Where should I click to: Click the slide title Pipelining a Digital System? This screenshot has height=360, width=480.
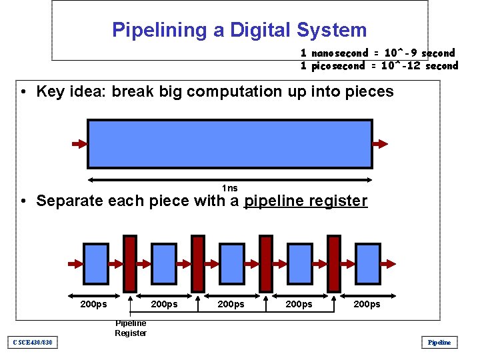click(239, 30)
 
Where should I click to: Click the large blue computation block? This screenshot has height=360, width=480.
click(230, 143)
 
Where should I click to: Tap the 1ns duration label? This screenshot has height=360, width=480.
click(229, 189)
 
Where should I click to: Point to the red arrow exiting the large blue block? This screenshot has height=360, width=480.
click(381, 144)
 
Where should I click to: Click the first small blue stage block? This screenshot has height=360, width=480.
click(95, 264)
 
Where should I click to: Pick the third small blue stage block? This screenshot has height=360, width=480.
click(231, 264)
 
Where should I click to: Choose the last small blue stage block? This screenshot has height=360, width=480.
click(367, 264)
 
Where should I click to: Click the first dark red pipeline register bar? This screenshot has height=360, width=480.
click(130, 264)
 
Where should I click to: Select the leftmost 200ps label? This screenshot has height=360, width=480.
click(93, 305)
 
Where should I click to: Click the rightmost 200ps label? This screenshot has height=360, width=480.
click(367, 305)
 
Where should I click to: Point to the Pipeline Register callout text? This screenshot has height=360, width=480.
click(130, 328)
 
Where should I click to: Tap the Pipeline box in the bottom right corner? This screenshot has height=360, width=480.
click(439, 343)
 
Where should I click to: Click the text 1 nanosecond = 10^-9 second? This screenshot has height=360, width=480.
click(377, 53)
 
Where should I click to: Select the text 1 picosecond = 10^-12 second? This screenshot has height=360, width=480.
click(379, 65)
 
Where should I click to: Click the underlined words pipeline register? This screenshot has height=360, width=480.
click(305, 201)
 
